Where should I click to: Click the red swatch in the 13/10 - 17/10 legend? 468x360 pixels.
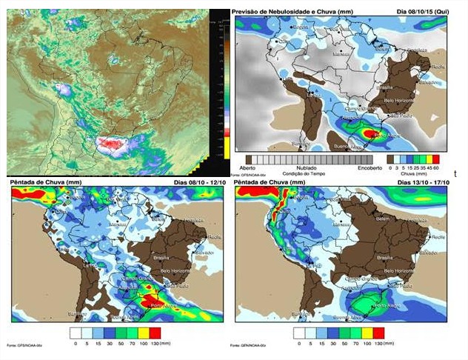pos(378,333)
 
